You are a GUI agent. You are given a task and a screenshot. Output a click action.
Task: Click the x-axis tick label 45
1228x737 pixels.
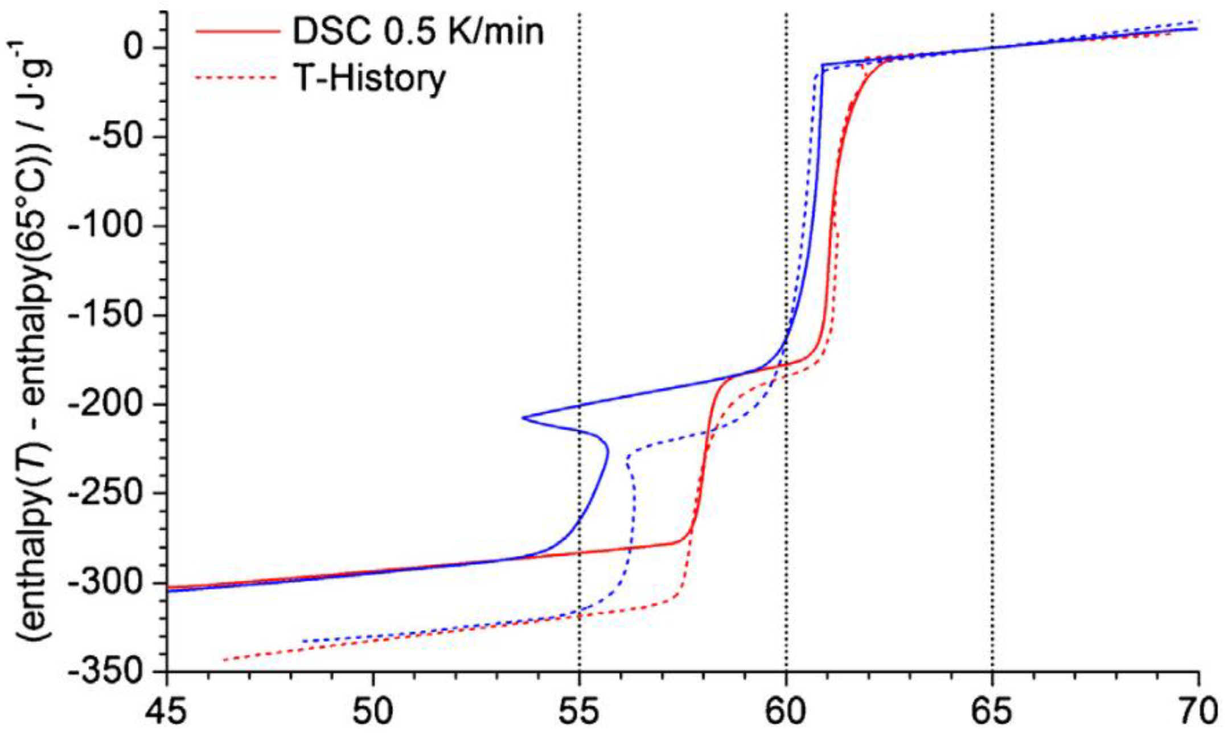pos(167,712)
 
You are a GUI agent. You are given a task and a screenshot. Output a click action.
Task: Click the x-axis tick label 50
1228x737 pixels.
pos(373,712)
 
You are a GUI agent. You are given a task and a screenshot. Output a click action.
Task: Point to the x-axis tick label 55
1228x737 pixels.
pos(580,712)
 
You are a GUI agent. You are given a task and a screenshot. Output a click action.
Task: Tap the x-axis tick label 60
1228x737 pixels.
pos(786,712)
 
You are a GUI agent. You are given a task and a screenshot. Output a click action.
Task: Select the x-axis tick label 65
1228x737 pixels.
pos(992,712)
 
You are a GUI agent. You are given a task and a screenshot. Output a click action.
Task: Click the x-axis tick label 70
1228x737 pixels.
pos(1198,712)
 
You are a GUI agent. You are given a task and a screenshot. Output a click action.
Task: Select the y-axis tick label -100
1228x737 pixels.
pos(105,226)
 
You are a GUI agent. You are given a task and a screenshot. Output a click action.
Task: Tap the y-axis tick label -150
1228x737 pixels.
pos(105,315)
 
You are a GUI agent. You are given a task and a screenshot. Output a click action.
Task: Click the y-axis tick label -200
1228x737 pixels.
pos(105,405)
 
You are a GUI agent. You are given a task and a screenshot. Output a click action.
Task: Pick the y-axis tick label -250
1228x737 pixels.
pos(105,493)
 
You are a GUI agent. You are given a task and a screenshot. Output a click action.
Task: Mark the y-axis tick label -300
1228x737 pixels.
pos(105,583)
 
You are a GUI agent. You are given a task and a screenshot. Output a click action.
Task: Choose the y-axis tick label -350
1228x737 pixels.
pos(105,672)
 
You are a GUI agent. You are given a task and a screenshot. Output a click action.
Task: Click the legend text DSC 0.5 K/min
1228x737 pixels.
pos(418,31)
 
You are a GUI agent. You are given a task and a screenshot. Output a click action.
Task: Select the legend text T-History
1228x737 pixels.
pos(369,78)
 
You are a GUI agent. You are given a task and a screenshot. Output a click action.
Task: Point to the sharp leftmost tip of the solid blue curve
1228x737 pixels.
pos(523,418)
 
